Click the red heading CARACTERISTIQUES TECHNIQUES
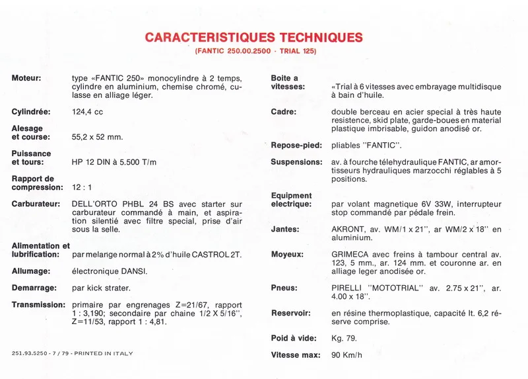point(254,37)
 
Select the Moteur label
point(26,78)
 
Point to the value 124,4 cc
point(88,112)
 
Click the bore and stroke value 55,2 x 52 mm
point(98,137)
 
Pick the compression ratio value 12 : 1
point(82,187)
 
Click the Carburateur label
point(36,204)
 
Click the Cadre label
point(284,112)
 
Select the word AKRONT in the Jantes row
point(348,230)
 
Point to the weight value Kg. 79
point(344,338)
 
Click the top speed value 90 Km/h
point(346,355)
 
